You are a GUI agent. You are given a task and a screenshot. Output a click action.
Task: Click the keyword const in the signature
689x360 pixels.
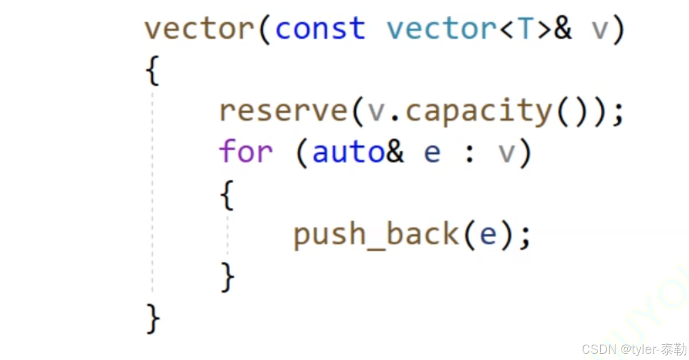click(x=320, y=29)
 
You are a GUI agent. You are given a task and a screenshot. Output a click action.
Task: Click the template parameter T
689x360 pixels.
click(x=526, y=29)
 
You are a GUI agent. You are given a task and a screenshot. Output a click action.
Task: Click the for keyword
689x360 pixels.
click(x=245, y=152)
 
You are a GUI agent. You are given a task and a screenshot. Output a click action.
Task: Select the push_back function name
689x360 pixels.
click(x=376, y=234)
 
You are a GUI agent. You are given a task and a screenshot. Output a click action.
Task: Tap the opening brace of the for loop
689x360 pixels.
click(x=226, y=194)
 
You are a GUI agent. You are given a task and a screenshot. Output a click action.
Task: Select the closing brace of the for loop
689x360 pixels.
click(x=227, y=277)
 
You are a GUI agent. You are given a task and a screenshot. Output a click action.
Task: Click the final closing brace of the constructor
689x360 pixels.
click(x=152, y=318)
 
